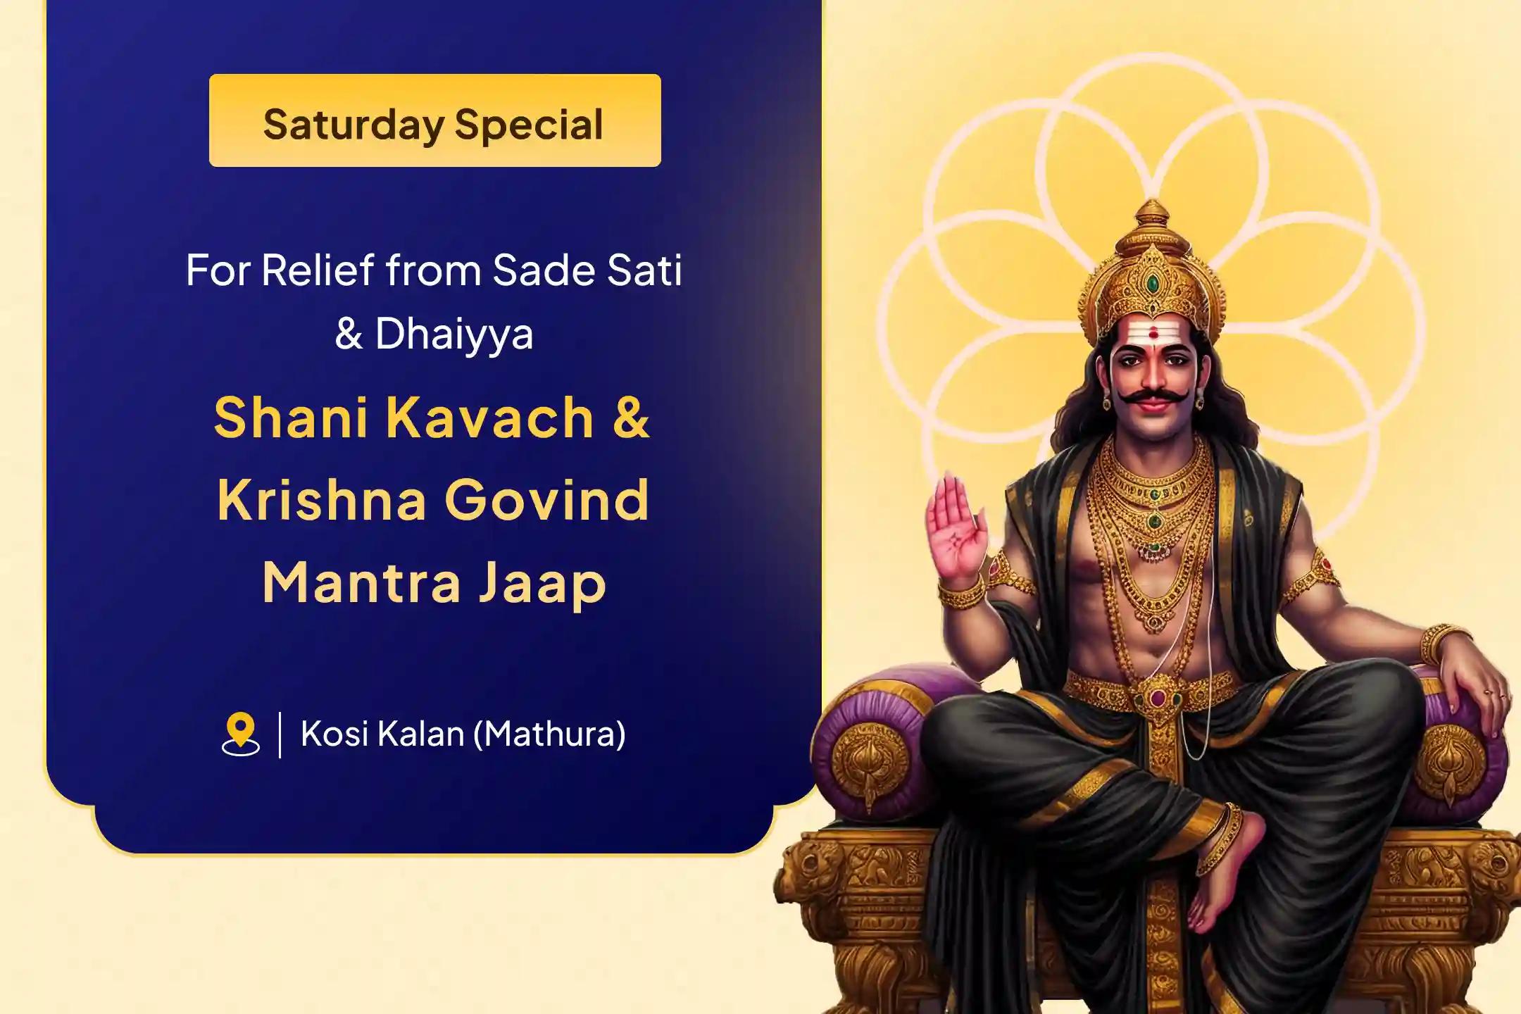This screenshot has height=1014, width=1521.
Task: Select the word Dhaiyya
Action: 454,334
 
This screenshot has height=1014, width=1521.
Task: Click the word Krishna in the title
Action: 323,499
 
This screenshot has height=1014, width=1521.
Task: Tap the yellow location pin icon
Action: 241,734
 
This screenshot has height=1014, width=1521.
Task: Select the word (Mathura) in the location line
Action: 549,734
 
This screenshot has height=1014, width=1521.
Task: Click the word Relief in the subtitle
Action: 318,270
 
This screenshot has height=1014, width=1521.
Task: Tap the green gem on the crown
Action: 1152,284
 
